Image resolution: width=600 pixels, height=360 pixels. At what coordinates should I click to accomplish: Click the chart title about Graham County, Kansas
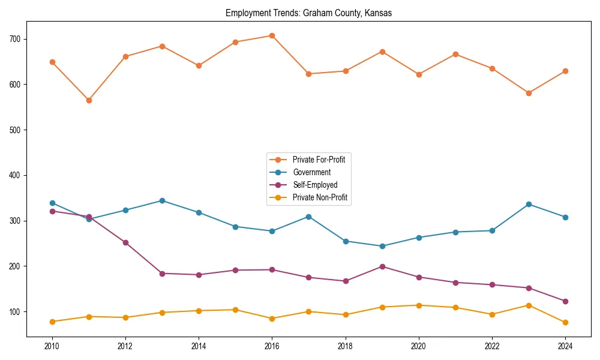coord(308,13)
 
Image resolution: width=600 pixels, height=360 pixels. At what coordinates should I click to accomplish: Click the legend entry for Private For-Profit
coord(318,160)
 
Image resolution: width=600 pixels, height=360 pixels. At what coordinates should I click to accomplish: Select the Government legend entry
coord(311,172)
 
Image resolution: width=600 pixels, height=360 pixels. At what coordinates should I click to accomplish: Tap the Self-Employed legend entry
coord(315,185)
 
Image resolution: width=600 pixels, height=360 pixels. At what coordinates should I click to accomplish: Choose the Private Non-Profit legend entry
coord(320,197)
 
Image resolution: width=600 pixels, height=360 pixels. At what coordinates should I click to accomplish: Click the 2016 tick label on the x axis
coord(272,346)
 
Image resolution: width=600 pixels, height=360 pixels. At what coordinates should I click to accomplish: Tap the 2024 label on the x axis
coord(565,346)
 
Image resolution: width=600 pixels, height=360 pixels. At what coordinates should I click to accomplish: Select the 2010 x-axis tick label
coord(52,346)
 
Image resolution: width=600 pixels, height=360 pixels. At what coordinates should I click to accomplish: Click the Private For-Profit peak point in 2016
coord(272,35)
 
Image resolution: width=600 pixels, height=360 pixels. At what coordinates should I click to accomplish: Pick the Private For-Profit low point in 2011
coord(89,100)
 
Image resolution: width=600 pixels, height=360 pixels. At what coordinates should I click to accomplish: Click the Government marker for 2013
coord(162,200)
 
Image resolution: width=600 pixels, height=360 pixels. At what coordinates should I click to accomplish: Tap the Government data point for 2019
coord(382,246)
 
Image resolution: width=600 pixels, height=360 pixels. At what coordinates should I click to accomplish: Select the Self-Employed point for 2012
coord(125,242)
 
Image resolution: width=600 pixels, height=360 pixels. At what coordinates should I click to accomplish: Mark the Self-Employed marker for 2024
coord(565,301)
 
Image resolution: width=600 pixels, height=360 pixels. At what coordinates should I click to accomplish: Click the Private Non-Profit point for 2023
coord(529,305)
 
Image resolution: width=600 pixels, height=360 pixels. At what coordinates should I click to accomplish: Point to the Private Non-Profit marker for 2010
coord(52,322)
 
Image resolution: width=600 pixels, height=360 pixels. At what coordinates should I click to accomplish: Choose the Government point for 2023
coord(529,204)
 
